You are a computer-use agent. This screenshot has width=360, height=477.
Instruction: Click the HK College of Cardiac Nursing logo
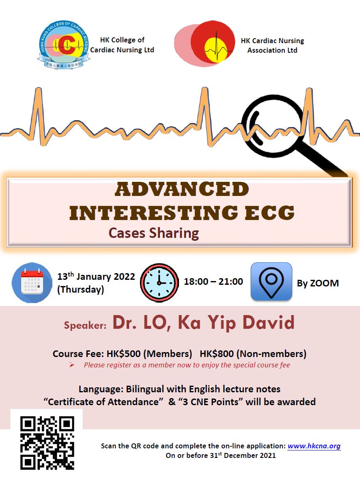63,45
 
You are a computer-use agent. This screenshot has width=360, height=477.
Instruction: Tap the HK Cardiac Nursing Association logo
204,44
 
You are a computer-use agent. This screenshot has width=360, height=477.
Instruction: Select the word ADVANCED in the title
182,189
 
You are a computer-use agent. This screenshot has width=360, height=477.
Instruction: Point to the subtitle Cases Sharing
154,233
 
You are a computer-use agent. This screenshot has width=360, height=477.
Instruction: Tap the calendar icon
32,283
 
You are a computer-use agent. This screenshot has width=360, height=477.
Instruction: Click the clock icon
159,283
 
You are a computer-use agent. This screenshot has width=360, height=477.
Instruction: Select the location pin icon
271,281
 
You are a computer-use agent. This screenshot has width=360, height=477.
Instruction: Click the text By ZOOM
318,283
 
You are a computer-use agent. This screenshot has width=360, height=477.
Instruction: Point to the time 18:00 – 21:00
213,281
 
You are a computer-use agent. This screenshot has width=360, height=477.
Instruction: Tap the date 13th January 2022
96,276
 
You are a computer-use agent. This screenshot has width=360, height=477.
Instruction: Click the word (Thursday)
81,289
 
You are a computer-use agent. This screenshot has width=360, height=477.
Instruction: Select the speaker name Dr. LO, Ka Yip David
203,323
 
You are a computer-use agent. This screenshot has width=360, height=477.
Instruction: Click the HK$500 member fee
124,354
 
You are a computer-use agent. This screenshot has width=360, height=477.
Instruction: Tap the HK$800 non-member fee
217,354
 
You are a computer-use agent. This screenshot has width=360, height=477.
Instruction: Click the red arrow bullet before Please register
72,365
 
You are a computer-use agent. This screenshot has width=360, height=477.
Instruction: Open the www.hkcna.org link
314,446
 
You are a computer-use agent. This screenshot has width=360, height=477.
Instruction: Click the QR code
47,443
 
